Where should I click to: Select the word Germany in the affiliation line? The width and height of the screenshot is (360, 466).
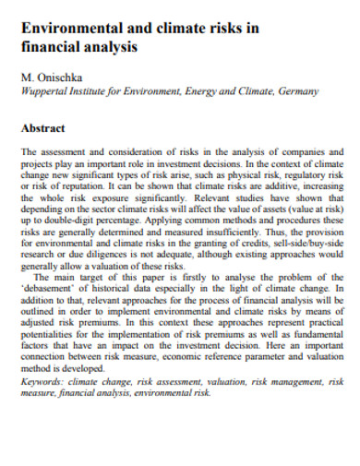298,92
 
